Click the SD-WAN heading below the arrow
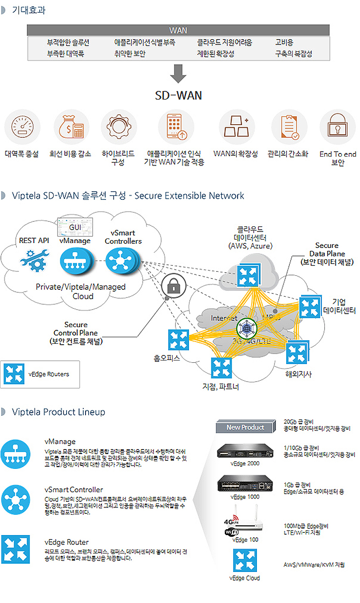coord(178,95)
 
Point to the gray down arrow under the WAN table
coord(178,74)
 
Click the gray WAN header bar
coord(178,31)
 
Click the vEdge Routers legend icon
coord(14,374)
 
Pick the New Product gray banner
coord(246,427)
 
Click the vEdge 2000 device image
coord(245,451)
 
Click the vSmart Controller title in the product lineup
coord(74,489)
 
